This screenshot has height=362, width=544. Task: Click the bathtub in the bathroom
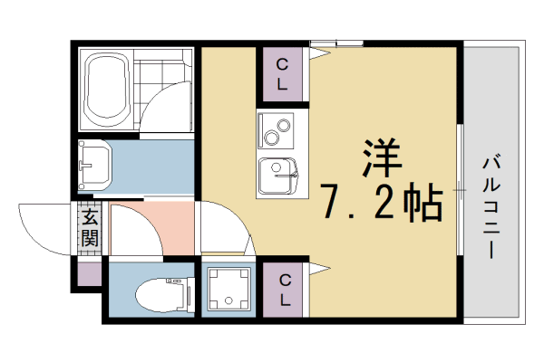pos(107,89)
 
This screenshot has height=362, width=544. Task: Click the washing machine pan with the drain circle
pos(227,290)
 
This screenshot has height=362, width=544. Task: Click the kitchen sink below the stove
pos(277,174)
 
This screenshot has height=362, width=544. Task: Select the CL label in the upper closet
pos(283,75)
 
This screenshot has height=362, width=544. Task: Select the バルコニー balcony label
pos(494,206)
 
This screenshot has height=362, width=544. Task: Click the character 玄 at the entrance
pos(89,217)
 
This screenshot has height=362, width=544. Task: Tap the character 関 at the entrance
pos(89,239)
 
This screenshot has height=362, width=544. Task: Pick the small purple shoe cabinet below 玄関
pos(89,273)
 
